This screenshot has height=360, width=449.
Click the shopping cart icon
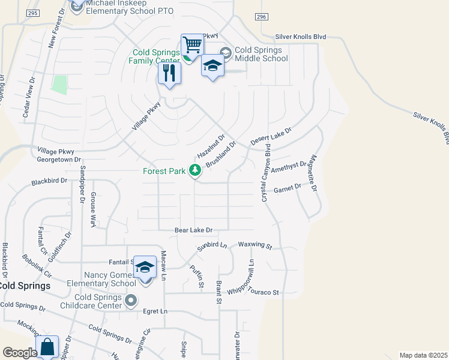(x=192, y=45)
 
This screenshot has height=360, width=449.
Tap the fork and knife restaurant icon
(x=169, y=73)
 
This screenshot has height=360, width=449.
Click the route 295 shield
(x=33, y=13)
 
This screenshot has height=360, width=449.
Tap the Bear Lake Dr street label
(x=194, y=230)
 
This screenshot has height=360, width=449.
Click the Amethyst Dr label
(x=292, y=167)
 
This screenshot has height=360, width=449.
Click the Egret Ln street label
(x=155, y=311)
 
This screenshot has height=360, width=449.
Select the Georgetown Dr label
(x=58, y=160)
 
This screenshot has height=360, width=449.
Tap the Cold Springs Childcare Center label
(x=99, y=301)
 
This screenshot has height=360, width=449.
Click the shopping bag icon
(x=47, y=347)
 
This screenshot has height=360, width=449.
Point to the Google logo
(x=20, y=353)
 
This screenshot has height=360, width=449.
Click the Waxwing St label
(x=255, y=246)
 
